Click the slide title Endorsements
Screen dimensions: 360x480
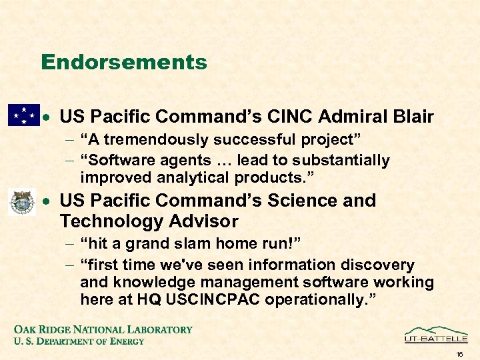(x=124, y=63)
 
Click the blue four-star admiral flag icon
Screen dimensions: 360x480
(x=23, y=115)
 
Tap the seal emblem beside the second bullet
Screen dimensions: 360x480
(x=21, y=201)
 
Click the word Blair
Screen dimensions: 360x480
(x=411, y=117)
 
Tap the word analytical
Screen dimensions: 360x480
(x=194, y=178)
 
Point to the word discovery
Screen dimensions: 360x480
(x=377, y=265)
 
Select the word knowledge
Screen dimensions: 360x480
(x=151, y=283)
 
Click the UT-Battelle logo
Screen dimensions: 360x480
(x=436, y=335)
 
